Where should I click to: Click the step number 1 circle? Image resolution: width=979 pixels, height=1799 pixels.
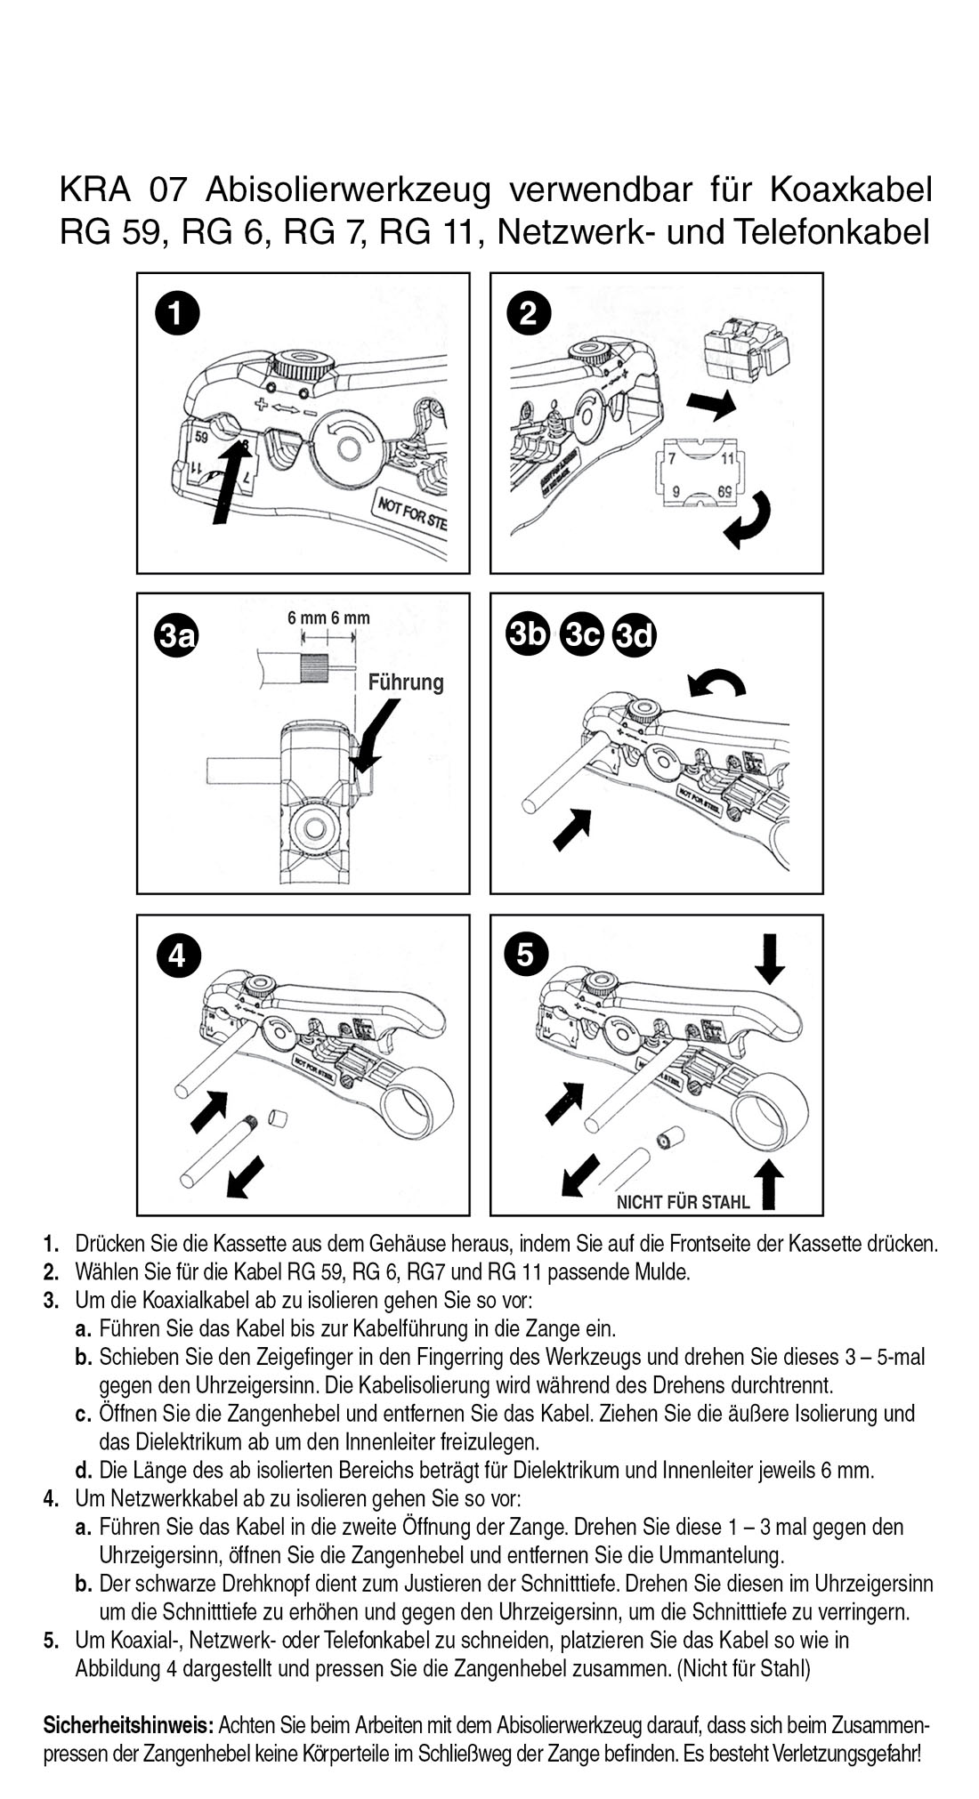[x=176, y=313]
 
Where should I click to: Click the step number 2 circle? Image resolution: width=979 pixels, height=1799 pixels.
[x=529, y=313]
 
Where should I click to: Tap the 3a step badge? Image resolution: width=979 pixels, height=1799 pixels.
[x=176, y=635]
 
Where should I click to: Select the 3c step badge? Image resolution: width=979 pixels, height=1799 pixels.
[x=582, y=634]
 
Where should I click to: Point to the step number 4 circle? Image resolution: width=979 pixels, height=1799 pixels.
[x=176, y=956]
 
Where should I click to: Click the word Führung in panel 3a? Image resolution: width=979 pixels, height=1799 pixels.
[x=406, y=682]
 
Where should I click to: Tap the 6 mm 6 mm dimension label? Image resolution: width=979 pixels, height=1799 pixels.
[x=328, y=618]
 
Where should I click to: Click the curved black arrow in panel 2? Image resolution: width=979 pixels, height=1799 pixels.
[x=747, y=520]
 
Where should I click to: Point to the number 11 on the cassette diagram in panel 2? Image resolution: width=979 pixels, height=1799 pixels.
[x=727, y=459]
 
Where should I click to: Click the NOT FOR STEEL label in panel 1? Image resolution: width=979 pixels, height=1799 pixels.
[x=411, y=514]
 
